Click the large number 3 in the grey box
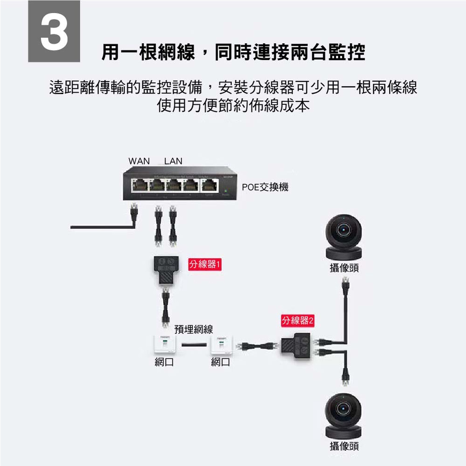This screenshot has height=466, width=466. click(55, 33)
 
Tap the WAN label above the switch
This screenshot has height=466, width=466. click(139, 161)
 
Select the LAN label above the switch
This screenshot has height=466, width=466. click(173, 161)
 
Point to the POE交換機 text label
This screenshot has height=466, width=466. click(265, 187)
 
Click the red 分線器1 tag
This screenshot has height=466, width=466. click(205, 264)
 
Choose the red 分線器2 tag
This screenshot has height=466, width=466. click(297, 321)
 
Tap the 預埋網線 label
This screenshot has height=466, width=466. click(193, 329)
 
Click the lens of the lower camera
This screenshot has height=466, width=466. click(343, 408)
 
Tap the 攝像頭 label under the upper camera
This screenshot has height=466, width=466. click(344, 268)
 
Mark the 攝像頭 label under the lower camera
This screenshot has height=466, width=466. click(344, 446)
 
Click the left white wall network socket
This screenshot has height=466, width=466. click(164, 344)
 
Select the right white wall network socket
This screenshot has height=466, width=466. click(222, 344)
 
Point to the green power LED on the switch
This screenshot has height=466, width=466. click(226, 191)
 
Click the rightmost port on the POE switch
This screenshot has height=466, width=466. click(210, 185)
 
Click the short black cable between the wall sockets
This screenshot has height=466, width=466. click(194, 345)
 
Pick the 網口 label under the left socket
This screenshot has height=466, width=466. click(164, 362)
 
